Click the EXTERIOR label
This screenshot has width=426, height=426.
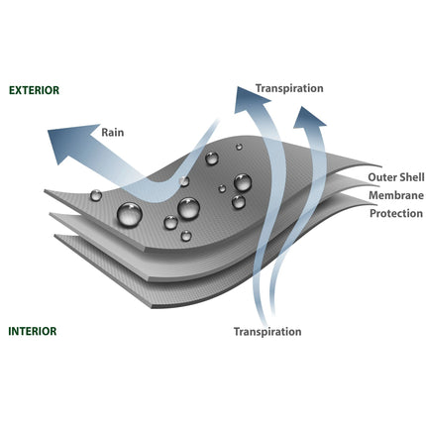[x=34, y=90]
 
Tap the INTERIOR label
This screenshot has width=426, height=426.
[x=33, y=331]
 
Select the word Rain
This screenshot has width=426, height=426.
[x=113, y=132]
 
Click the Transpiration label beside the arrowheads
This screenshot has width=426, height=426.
[x=289, y=88]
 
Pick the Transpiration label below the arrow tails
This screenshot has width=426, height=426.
[x=267, y=331]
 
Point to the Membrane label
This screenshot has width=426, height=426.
[x=396, y=195]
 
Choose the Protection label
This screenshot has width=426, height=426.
[x=396, y=213]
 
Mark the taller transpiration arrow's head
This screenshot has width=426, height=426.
[x=250, y=98]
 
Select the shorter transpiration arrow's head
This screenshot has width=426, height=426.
[x=309, y=117]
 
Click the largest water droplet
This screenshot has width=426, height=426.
[x=130, y=215]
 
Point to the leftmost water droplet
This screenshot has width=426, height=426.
[x=96, y=195]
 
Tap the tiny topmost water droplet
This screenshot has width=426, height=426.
[x=239, y=147]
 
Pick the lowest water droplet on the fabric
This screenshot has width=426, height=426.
[x=186, y=236]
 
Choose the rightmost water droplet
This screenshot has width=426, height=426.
[x=243, y=182]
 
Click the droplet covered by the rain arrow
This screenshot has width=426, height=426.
[x=184, y=181]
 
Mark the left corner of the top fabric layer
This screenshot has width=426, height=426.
[x=45, y=190]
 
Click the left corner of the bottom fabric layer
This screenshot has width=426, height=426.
[x=54, y=235]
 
